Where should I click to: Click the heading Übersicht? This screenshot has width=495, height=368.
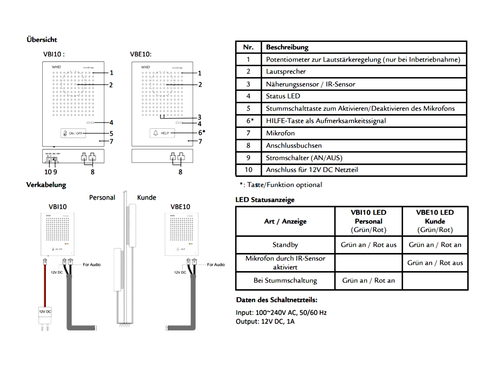(42, 40)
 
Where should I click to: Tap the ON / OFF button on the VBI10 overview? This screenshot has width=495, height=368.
(73, 134)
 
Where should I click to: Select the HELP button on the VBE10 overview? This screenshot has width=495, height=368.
(162, 133)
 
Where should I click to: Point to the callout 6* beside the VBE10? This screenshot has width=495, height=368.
(201, 132)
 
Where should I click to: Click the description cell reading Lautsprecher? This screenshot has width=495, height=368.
(286, 71)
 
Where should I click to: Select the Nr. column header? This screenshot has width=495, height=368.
(248, 47)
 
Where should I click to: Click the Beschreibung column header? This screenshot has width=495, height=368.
(287, 47)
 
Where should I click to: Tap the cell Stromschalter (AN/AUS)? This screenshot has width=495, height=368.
(304, 158)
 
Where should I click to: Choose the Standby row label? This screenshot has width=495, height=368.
(285, 245)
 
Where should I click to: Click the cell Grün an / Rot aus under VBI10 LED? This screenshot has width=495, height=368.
(369, 245)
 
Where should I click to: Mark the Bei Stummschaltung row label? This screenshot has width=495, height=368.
(285, 280)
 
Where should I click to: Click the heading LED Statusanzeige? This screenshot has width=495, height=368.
(265, 200)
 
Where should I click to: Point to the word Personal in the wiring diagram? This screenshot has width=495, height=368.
(102, 197)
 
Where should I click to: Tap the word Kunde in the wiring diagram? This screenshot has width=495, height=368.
(147, 197)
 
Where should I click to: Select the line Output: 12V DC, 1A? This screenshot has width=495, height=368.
(265, 321)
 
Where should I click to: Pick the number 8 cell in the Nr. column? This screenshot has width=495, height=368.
(248, 145)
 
